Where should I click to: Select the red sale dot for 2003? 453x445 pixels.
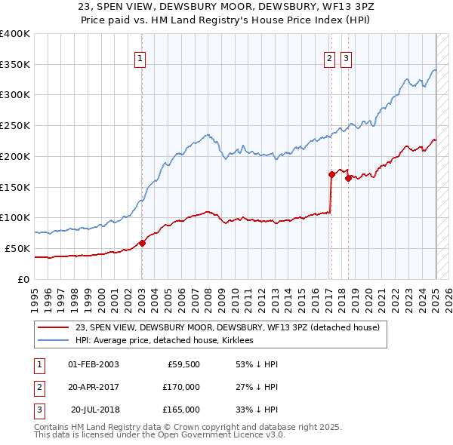pos(143,243)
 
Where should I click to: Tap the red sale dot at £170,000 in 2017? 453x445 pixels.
pos(331,174)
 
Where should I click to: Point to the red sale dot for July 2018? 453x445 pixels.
pos(348,178)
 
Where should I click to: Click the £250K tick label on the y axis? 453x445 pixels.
pos(15,125)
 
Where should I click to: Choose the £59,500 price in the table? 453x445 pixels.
pos(181,364)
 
